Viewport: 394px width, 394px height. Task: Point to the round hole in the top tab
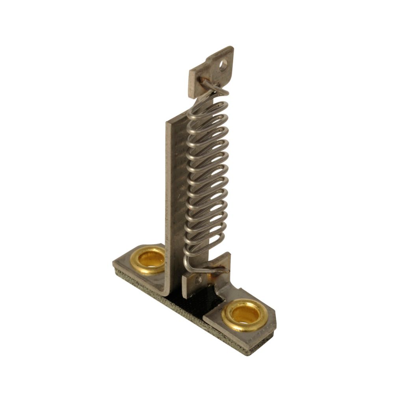click(224, 65)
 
